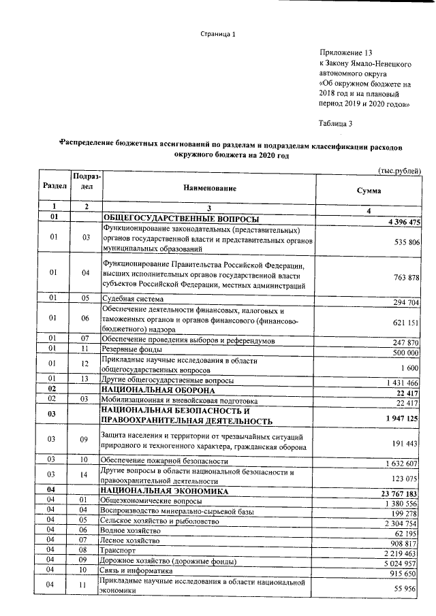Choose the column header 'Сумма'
pyautogui.click(x=369, y=191)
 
